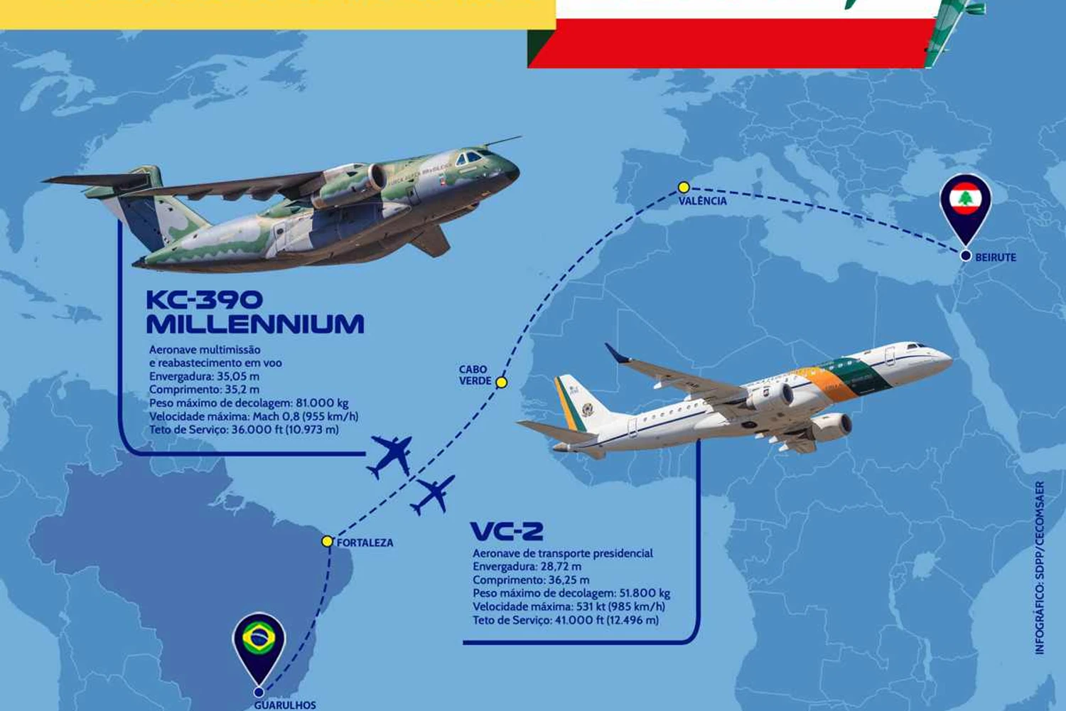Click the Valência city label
point(702,201)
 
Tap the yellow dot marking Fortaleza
point(327,541)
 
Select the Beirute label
point(996,257)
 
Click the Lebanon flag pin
point(965,213)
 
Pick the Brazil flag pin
point(259,648)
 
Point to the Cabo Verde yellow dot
point(501,383)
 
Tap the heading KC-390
point(205,299)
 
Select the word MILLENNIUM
point(256,324)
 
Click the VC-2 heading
point(507,531)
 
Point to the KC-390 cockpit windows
point(471,157)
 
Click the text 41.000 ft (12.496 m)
point(607,620)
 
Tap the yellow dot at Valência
point(684,187)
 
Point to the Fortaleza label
point(365,542)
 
